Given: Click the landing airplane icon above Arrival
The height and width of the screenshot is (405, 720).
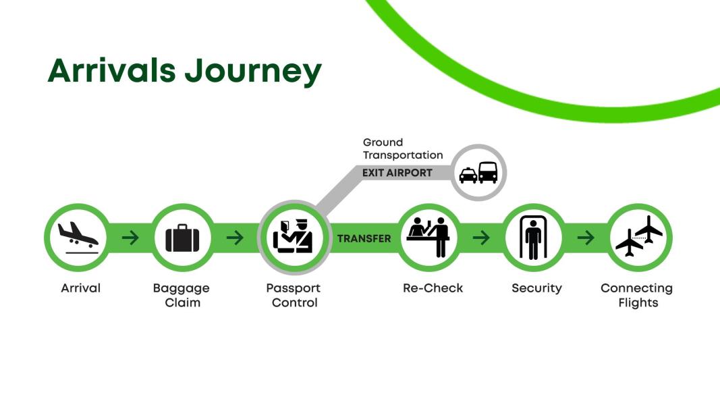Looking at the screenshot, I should [x=78, y=238].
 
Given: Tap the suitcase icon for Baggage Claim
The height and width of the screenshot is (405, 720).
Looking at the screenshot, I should [x=182, y=238].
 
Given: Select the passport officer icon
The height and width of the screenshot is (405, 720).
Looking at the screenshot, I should [x=293, y=237].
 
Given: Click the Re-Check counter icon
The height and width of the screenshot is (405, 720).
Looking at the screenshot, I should [x=428, y=237].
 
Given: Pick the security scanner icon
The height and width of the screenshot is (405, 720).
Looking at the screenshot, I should [x=533, y=238].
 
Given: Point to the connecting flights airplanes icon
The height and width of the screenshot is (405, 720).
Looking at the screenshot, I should [x=639, y=236].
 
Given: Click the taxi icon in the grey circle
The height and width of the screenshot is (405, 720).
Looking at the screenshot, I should [x=468, y=175].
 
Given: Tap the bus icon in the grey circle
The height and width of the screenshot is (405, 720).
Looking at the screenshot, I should [x=488, y=173].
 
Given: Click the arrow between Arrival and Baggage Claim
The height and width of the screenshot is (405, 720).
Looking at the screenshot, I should [x=130, y=238].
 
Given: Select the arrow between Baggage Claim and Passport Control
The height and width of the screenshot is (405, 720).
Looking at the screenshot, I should [x=235, y=238].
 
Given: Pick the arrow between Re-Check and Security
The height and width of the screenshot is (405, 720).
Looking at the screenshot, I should [x=481, y=238].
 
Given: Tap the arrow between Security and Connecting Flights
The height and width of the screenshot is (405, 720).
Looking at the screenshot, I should [x=586, y=238].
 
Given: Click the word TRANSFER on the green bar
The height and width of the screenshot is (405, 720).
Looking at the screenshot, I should [x=364, y=238].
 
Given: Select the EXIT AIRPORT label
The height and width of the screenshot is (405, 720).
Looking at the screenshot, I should [x=397, y=173].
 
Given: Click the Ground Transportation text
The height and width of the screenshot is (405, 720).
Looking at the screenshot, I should [x=403, y=148].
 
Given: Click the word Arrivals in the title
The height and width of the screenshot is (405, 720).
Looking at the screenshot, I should [x=111, y=70].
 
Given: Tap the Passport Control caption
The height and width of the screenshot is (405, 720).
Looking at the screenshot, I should [x=294, y=295].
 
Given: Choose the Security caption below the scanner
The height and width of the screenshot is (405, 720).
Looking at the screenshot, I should [x=536, y=288].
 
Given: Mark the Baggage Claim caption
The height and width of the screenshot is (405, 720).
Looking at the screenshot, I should [x=182, y=295].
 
